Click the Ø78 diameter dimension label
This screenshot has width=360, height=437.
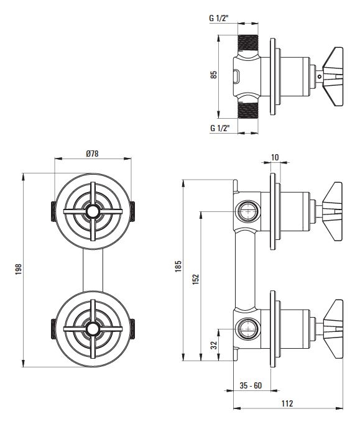(x=92, y=154)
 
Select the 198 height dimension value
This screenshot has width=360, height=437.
(x=19, y=270)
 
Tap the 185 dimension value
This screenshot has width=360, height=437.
(x=178, y=267)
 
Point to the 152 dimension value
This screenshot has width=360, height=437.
(x=196, y=279)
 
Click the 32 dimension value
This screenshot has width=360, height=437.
(x=214, y=345)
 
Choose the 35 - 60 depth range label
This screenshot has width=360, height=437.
(x=251, y=385)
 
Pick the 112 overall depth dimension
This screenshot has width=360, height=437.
(x=287, y=403)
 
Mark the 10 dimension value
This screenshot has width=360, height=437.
(x=275, y=157)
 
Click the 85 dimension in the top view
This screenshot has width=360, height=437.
(x=214, y=75)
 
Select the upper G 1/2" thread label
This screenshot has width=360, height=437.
(x=219, y=19)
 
